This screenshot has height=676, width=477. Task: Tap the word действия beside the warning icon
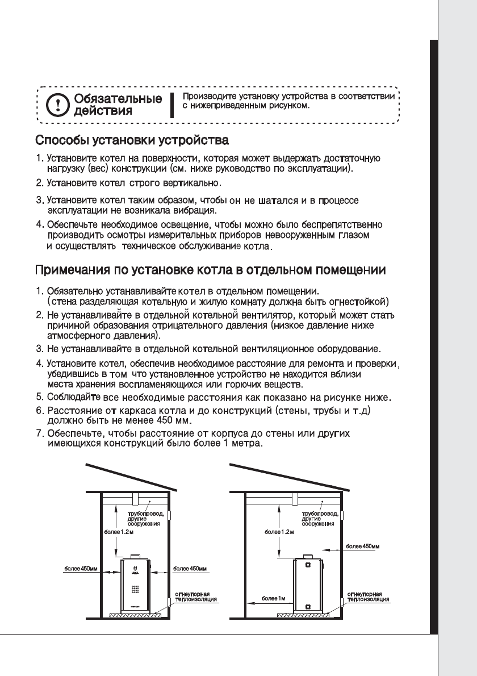[x=101, y=111]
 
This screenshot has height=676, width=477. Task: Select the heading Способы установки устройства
[x=132, y=140]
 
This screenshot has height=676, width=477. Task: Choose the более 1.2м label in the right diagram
[x=279, y=532]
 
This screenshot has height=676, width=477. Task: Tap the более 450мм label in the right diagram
[x=362, y=545]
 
